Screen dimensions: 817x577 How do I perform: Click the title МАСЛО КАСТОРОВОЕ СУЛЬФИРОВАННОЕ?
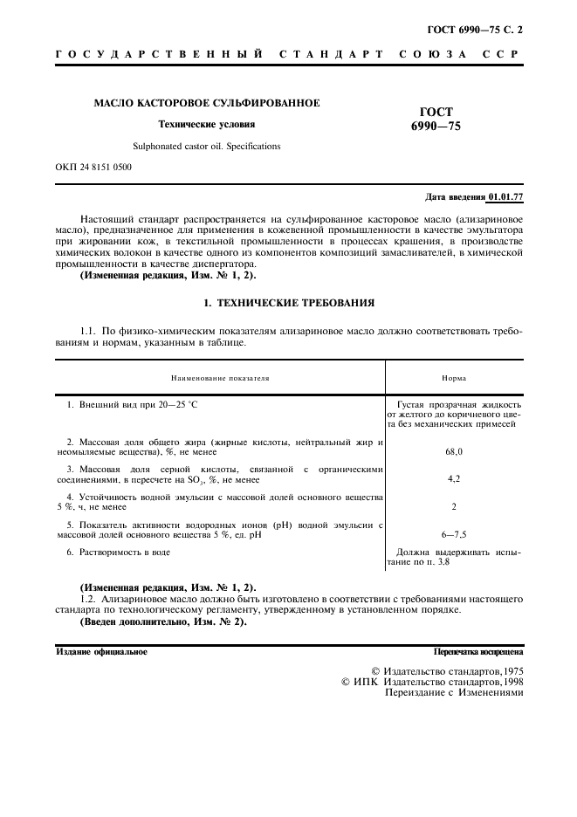click(207, 104)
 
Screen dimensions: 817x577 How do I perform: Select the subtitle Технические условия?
click(207, 125)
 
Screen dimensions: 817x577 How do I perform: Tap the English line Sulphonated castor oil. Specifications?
click(207, 147)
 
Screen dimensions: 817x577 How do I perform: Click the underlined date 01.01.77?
click(506, 197)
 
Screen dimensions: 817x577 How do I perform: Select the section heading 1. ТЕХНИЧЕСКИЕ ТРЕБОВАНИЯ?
click(288, 303)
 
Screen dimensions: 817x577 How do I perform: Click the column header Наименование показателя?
click(220, 380)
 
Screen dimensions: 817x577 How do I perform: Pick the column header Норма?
click(454, 380)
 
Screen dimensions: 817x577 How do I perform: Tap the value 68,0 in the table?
click(454, 452)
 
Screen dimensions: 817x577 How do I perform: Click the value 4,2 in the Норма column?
click(454, 479)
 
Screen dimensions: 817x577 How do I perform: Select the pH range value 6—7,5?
click(454, 533)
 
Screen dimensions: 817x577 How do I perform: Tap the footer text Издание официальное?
click(101, 652)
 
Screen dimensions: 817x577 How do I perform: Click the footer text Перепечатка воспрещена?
click(478, 652)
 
